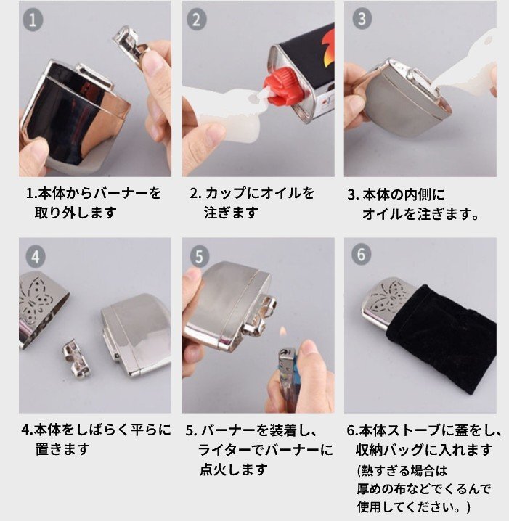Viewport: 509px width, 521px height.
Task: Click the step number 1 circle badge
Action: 33,20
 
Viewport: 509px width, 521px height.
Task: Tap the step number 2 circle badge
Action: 197,20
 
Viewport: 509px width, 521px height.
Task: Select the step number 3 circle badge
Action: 362,19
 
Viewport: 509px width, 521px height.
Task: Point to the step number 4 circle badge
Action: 36,257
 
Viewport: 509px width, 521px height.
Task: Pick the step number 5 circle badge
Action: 199,257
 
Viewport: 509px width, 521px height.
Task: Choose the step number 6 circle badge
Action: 361,255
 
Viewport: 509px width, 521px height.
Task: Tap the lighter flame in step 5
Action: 282,332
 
